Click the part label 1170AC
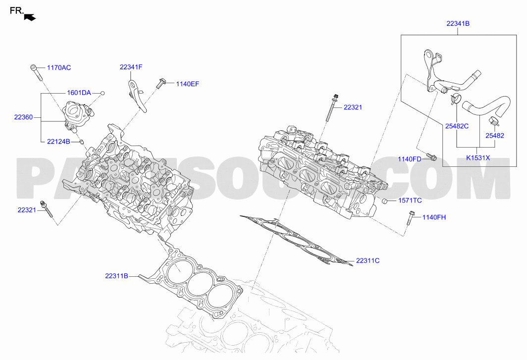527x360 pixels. [x=59, y=67]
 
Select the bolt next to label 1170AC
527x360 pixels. [x=36, y=72]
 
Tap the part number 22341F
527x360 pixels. [x=131, y=67]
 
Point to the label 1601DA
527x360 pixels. [x=79, y=93]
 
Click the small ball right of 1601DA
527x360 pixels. [x=103, y=93]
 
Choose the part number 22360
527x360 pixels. [x=24, y=117]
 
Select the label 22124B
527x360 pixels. [x=58, y=142]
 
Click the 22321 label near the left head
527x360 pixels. [x=27, y=210]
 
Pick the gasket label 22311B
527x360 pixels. [x=116, y=276]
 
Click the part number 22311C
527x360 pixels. [x=368, y=260]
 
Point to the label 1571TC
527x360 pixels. [x=410, y=201]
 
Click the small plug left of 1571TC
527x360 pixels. [x=384, y=202]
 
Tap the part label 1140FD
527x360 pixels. [x=410, y=159]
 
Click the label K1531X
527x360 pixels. [x=478, y=157]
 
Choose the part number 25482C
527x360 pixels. [x=457, y=126]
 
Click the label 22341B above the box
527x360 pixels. [x=458, y=24]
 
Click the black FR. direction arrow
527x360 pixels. [x=30, y=17]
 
